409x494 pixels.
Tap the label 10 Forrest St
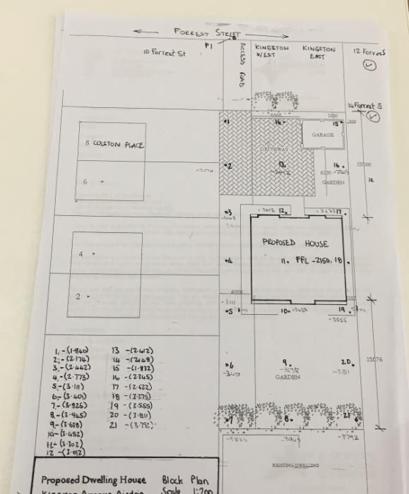[164, 53]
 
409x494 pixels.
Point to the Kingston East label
[319, 52]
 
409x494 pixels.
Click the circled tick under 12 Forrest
[369, 66]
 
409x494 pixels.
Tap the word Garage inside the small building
[323, 135]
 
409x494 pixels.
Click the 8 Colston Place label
[114, 145]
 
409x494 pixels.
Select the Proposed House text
[295, 243]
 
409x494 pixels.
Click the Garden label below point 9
[288, 377]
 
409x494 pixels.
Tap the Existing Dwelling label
[295, 466]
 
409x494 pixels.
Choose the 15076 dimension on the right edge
[375, 359]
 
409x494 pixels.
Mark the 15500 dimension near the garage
[363, 164]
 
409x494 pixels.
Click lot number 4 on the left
[81, 253]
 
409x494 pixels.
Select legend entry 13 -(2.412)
[133, 350]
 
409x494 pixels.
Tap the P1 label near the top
[208, 45]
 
